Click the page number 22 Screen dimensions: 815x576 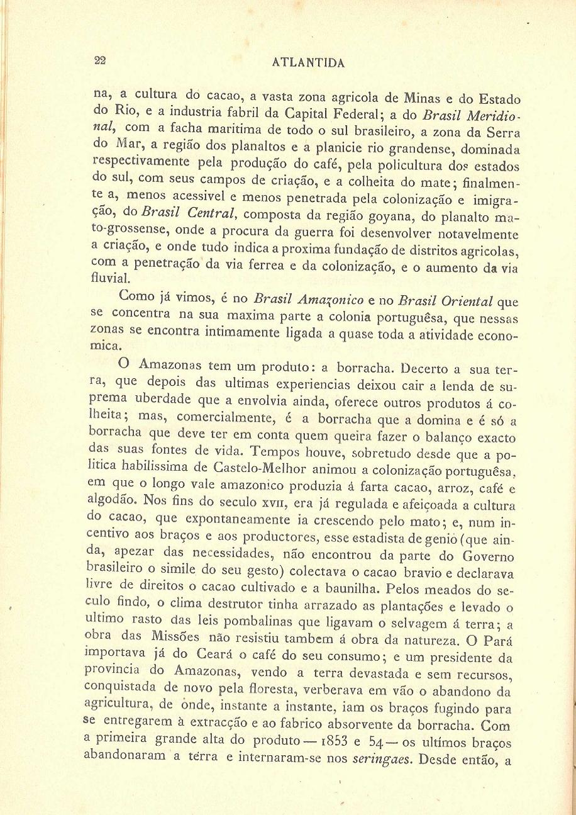[100, 61]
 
